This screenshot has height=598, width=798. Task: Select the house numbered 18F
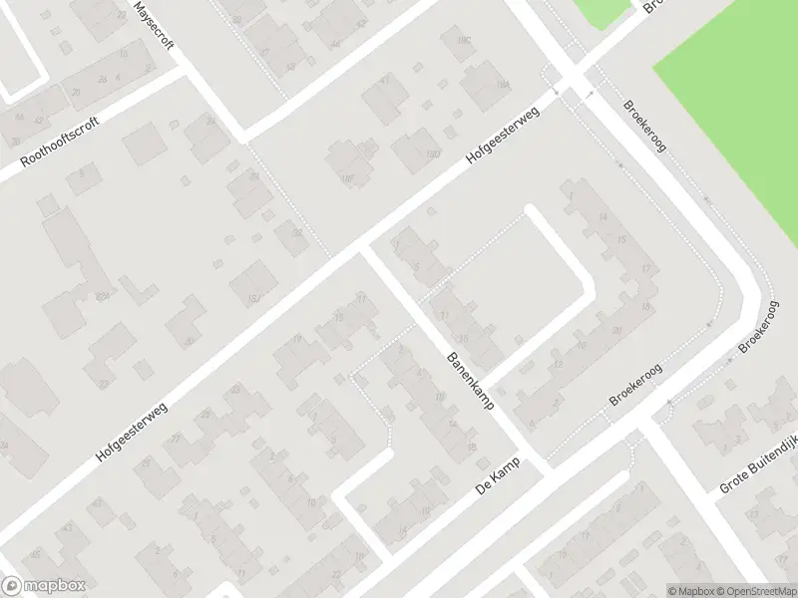click(348, 178)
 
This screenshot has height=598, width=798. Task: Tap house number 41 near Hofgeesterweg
click(387, 79)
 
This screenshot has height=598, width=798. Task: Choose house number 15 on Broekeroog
click(621, 240)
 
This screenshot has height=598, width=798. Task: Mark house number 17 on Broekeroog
click(646, 269)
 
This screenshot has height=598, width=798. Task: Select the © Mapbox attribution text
click(691, 591)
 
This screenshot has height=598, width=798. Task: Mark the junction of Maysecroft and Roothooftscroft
click(185, 73)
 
